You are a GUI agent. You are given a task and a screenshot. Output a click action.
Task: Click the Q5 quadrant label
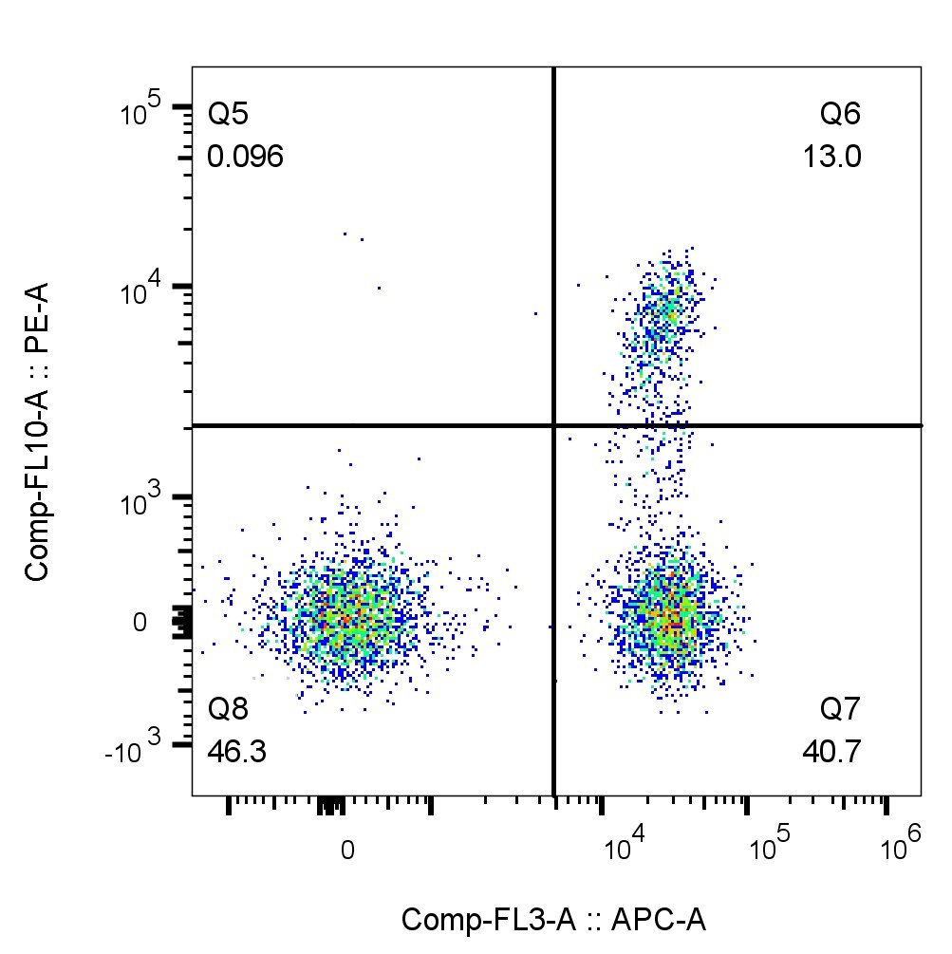tap(229, 116)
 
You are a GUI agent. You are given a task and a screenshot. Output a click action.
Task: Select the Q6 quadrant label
tap(841, 116)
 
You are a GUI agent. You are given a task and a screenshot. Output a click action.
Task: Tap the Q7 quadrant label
tap(841, 709)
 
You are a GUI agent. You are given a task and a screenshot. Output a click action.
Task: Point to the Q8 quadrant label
tap(229, 709)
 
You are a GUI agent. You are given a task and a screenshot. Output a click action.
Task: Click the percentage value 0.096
tap(246, 158)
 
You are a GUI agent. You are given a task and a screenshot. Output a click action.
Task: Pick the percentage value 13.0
tap(832, 158)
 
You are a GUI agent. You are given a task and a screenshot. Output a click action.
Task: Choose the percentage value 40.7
tap(831, 752)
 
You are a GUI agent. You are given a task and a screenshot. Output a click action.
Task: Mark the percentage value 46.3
tap(237, 752)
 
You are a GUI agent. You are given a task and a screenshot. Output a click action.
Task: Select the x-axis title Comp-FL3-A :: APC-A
tap(554, 920)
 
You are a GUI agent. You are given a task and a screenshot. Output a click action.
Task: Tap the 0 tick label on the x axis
tap(347, 850)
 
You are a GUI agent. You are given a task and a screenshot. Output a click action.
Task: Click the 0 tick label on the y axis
tap(140, 624)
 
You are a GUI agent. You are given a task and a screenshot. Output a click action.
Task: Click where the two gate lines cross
tap(553, 425)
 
